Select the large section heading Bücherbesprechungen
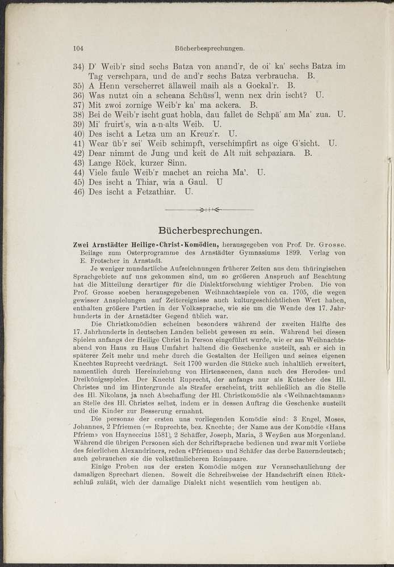211,231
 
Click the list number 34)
79,66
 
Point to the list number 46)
79,192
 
